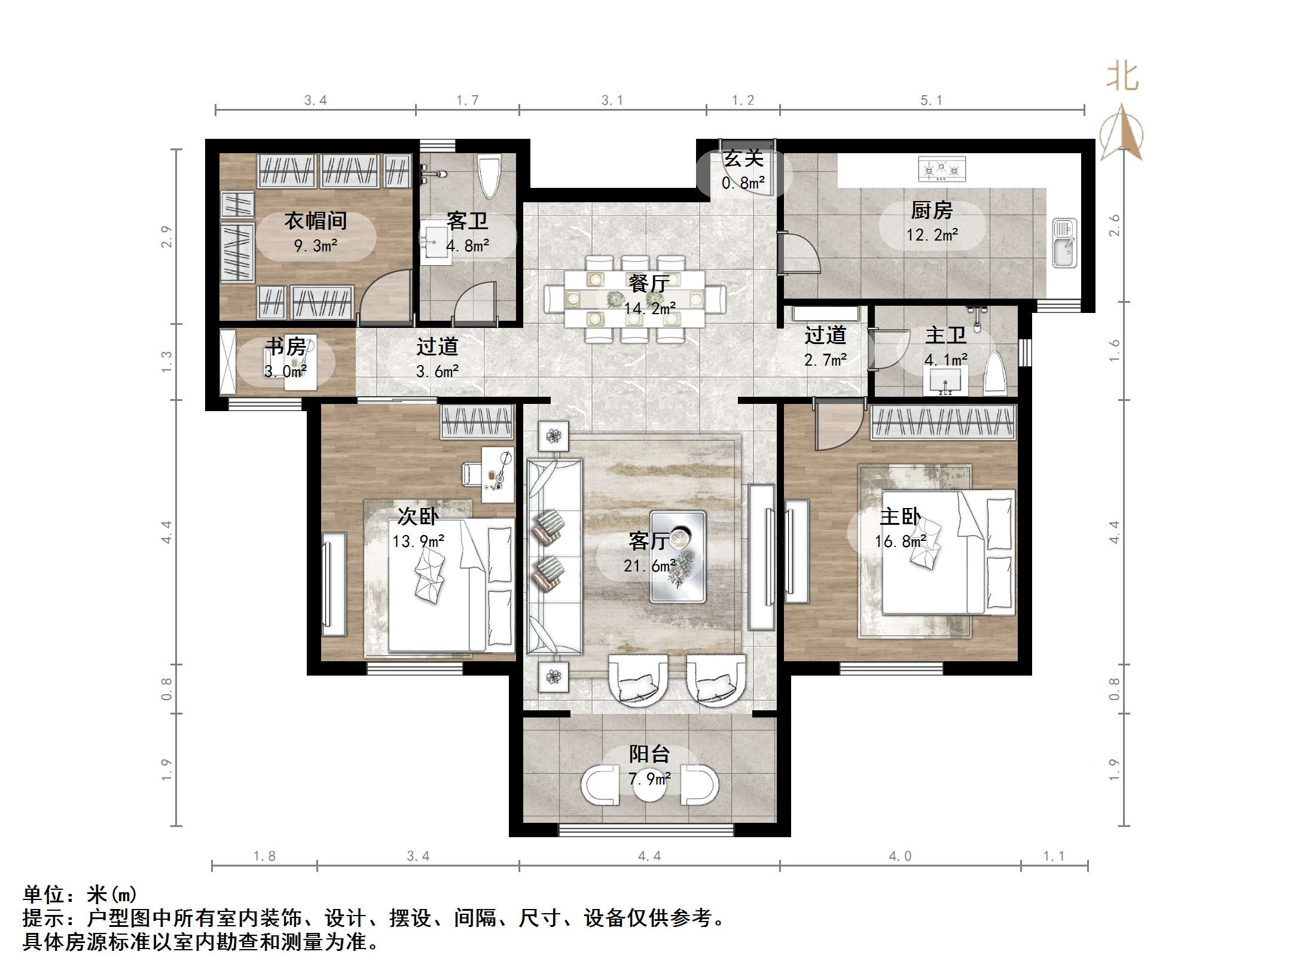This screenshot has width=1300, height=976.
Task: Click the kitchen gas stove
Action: pos(942,169)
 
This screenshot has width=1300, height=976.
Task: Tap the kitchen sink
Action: pos(1064,243)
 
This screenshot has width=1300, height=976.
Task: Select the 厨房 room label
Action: pos(931,210)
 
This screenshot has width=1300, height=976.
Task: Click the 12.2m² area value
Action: pos(931,235)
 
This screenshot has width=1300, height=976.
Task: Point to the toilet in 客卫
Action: pos(489,176)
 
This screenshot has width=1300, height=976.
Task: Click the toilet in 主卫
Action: pos(994,375)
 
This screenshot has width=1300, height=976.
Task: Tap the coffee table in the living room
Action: pos(678,556)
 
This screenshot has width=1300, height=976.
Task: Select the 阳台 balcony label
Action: pos(649,753)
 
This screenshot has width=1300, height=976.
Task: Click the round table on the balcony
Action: pos(649,786)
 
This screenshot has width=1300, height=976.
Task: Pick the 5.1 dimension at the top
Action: pos(931,101)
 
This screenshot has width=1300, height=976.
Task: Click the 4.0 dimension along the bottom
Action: pos(900,856)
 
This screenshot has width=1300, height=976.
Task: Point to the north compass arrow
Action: pos(1122,133)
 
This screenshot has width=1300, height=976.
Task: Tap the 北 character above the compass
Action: pos(1122,77)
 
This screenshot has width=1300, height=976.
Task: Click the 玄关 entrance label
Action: pos(743,159)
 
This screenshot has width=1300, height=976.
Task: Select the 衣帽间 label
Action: pos(315,221)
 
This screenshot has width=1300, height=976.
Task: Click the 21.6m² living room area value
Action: pos(649,565)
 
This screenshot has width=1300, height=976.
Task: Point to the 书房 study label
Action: pos(285,346)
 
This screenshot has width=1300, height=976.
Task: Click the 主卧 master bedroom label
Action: pos(900,516)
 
